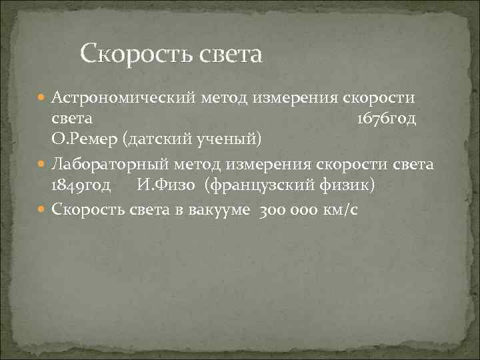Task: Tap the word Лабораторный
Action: click(113, 164)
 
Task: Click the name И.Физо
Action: click(165, 185)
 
